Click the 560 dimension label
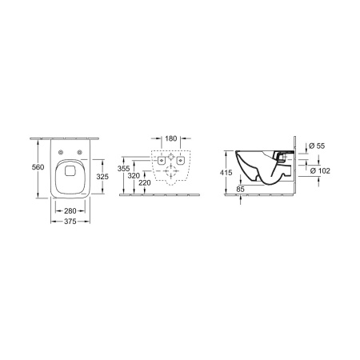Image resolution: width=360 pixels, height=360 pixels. pyautogui.click(x=38, y=167)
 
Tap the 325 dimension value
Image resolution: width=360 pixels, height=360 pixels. pyautogui.click(x=102, y=177)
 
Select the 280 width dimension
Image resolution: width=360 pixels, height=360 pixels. pyautogui.click(x=70, y=211)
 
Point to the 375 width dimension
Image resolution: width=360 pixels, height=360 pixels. pyautogui.click(x=70, y=222)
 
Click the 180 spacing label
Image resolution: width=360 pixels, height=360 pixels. pyautogui.click(x=171, y=138)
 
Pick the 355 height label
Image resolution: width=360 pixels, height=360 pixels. pyautogui.click(x=123, y=169)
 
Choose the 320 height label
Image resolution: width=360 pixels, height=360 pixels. pyautogui.click(x=134, y=176)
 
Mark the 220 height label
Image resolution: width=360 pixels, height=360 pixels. pyautogui.click(x=145, y=183)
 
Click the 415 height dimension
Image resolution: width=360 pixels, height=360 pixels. pyautogui.click(x=226, y=173)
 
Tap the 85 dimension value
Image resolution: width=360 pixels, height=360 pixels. pyautogui.click(x=240, y=190)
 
